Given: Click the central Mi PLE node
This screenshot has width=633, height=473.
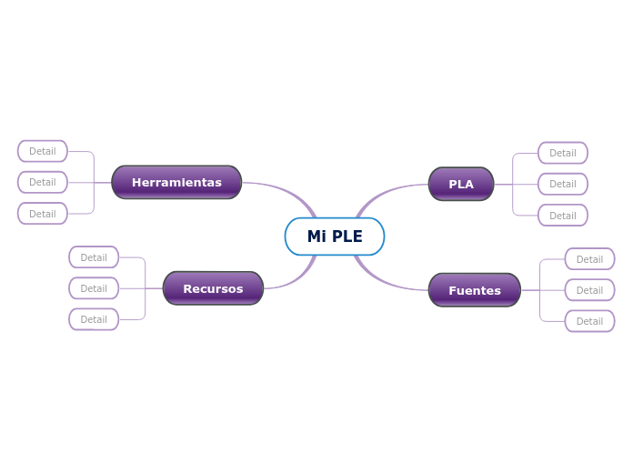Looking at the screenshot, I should tap(334, 236).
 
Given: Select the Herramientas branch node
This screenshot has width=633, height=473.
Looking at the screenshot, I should tap(176, 182).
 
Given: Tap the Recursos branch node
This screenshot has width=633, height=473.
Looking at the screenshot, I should tap(213, 288).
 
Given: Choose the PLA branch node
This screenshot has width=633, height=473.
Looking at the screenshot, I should tap(461, 184).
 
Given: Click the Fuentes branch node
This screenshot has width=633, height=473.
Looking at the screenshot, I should tap(474, 290).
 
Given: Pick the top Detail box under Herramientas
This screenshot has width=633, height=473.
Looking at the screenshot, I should tap(43, 151).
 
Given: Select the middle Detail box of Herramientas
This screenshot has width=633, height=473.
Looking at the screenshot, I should tap(43, 182).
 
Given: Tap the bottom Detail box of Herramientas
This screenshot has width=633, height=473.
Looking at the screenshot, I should tap(43, 214).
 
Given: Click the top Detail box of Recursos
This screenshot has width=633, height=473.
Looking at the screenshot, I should tap(94, 257).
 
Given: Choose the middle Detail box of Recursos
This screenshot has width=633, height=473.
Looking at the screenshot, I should tap(94, 288).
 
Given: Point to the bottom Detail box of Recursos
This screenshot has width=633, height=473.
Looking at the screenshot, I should tap(94, 319).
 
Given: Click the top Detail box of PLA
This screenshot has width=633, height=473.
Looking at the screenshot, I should tap(562, 153).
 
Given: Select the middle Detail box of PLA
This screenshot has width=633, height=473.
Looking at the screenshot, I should tap(562, 184).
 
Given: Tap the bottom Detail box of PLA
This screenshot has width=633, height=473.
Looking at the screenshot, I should tap(562, 216).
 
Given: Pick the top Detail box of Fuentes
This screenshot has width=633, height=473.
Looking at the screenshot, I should tap(589, 259).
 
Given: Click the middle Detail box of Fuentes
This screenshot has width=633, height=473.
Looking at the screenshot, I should tap(589, 290).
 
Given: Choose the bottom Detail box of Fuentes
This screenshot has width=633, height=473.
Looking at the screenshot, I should tap(589, 321).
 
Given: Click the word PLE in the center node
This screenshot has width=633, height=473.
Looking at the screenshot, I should tap(347, 236).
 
